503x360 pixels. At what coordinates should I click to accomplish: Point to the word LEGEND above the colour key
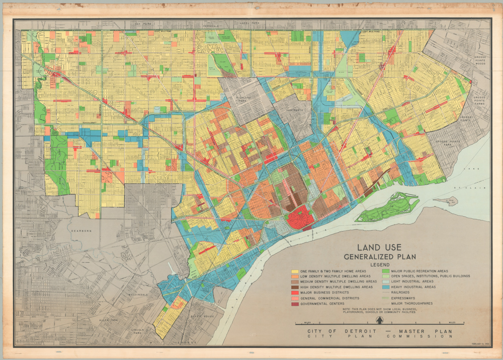[380, 264]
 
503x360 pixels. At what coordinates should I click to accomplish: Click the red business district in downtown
[301, 218]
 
